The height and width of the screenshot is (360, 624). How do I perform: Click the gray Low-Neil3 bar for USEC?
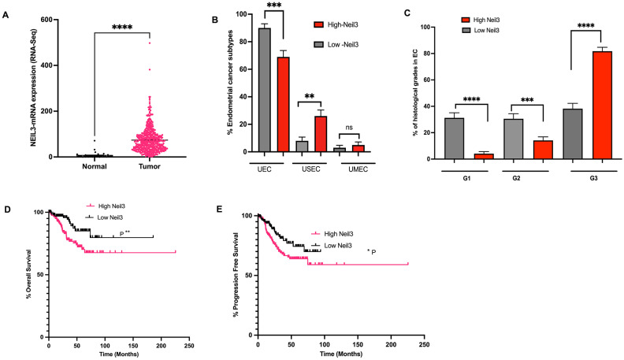point(302,146)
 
